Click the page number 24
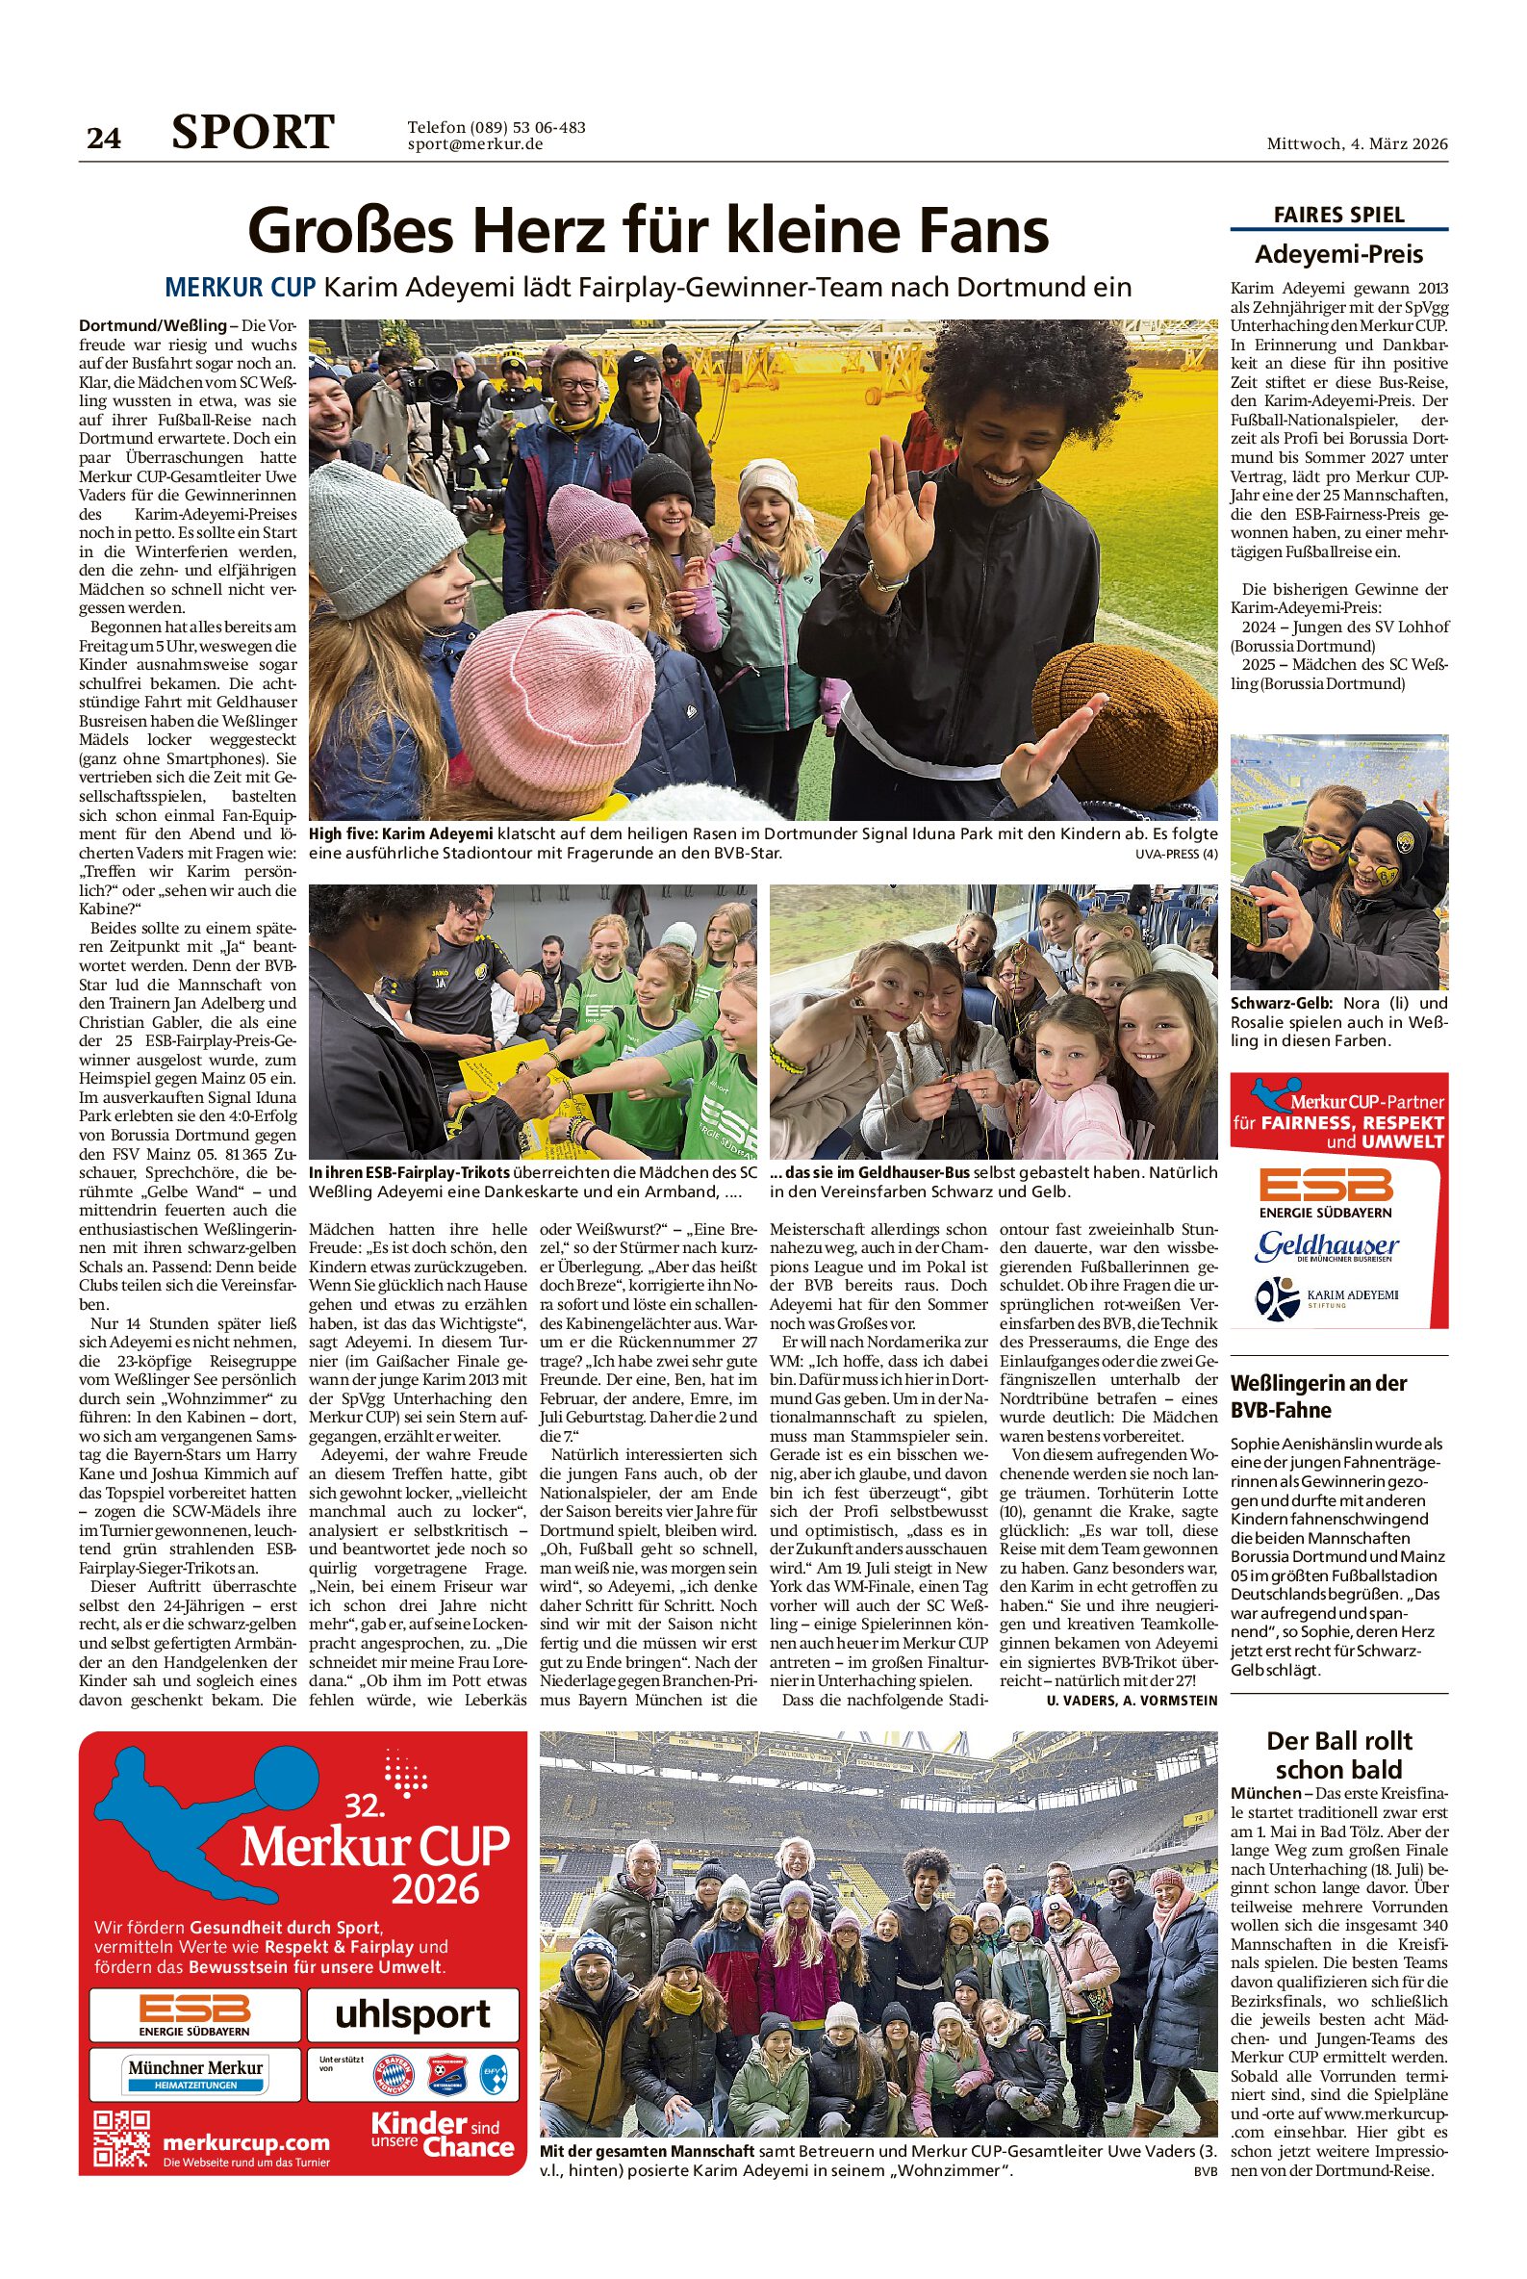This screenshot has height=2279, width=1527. pyautogui.click(x=104, y=139)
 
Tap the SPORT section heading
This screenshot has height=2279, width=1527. pyautogui.click(x=253, y=133)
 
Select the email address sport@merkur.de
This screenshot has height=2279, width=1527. pyautogui.click(x=474, y=145)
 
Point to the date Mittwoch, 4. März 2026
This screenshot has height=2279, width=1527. pyautogui.click(x=1357, y=144)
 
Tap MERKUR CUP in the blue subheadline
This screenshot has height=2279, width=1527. pyautogui.click(x=240, y=288)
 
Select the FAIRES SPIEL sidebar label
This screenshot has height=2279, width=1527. pyautogui.click(x=1338, y=216)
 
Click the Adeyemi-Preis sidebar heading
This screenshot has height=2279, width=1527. pyautogui.click(x=1338, y=255)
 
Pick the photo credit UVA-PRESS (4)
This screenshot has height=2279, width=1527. pyautogui.click(x=1176, y=854)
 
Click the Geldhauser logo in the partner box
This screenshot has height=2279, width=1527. pyautogui.click(x=1327, y=1246)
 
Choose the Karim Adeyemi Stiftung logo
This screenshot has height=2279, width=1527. pyautogui.click(x=1327, y=1298)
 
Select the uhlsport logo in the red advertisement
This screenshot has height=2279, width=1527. pyautogui.click(x=412, y=2015)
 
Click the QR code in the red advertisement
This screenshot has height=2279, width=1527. pyautogui.click(x=122, y=2139)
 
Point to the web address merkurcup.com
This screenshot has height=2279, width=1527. pyautogui.click(x=246, y=2142)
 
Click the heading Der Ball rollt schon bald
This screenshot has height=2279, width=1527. pyautogui.click(x=1338, y=1755)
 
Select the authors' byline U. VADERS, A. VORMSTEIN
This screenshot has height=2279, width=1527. pyautogui.click(x=1132, y=1700)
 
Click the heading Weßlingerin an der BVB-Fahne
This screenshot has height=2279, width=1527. pyautogui.click(x=1318, y=1396)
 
